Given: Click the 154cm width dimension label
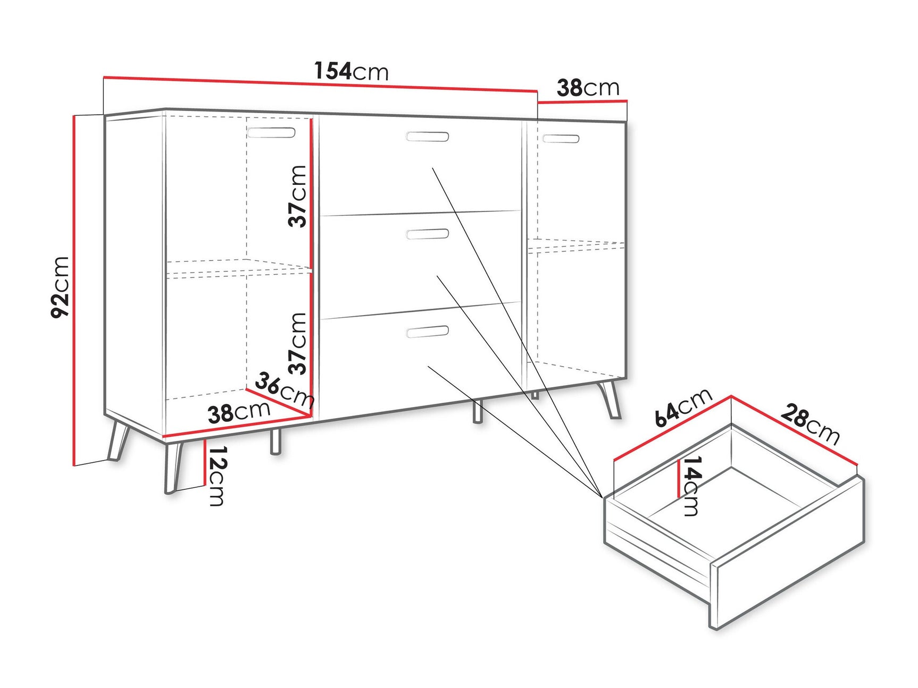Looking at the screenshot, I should (x=351, y=71).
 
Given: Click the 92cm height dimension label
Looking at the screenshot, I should (x=61, y=287).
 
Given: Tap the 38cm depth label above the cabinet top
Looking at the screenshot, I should (x=588, y=88).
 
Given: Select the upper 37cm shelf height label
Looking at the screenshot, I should (x=298, y=196).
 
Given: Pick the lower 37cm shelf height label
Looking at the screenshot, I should (x=298, y=343).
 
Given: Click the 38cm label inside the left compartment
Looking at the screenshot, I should (x=239, y=412).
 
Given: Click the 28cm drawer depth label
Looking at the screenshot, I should (x=810, y=423).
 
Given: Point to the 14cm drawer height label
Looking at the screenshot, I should (x=690, y=486).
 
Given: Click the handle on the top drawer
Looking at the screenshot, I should (x=427, y=137).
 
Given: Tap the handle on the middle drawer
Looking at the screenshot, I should (x=427, y=234).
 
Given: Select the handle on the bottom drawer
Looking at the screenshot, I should (x=427, y=332).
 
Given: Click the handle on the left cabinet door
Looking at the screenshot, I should (x=271, y=132).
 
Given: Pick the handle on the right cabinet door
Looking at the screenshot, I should (x=561, y=139).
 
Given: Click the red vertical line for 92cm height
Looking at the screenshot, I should (x=73, y=290).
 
